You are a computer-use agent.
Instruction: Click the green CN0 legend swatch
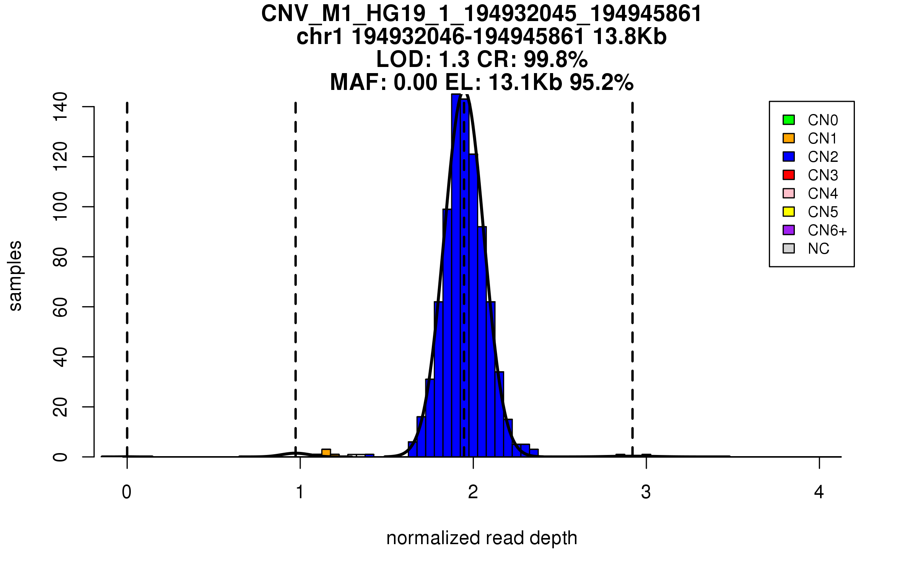pyautogui.click(x=789, y=120)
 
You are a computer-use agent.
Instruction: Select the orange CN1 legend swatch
pyautogui.click(x=789, y=138)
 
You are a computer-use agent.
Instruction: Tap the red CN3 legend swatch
pyautogui.click(x=789, y=175)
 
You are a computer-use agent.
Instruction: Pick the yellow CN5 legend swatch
pyautogui.click(x=789, y=212)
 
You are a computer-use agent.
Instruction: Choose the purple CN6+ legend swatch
pyautogui.click(x=789, y=230)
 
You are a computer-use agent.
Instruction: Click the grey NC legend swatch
pyautogui.click(x=789, y=248)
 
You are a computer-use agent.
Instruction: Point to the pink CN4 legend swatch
pyautogui.click(x=789, y=193)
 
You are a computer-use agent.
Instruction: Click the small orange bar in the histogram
pyautogui.click(x=326, y=453)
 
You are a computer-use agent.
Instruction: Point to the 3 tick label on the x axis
pyautogui.click(x=646, y=492)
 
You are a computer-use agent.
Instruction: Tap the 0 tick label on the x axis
pyautogui.click(x=127, y=492)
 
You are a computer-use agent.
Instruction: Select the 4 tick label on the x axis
pyautogui.click(x=819, y=492)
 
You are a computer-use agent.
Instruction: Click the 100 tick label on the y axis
pyautogui.click(x=60, y=207)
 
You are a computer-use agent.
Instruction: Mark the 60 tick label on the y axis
pyautogui.click(x=60, y=307)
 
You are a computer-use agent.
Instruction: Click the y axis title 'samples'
pyautogui.click(x=15, y=276)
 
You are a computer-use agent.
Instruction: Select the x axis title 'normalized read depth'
pyautogui.click(x=482, y=538)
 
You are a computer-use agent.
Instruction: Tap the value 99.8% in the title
pyautogui.click(x=555, y=59)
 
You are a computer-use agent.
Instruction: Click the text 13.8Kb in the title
pyautogui.click(x=630, y=37)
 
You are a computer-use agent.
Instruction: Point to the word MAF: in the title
pyautogui.click(x=359, y=82)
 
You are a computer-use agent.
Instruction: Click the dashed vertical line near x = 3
pyautogui.click(x=632, y=268)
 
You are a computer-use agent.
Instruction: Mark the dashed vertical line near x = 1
pyautogui.click(x=296, y=268)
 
